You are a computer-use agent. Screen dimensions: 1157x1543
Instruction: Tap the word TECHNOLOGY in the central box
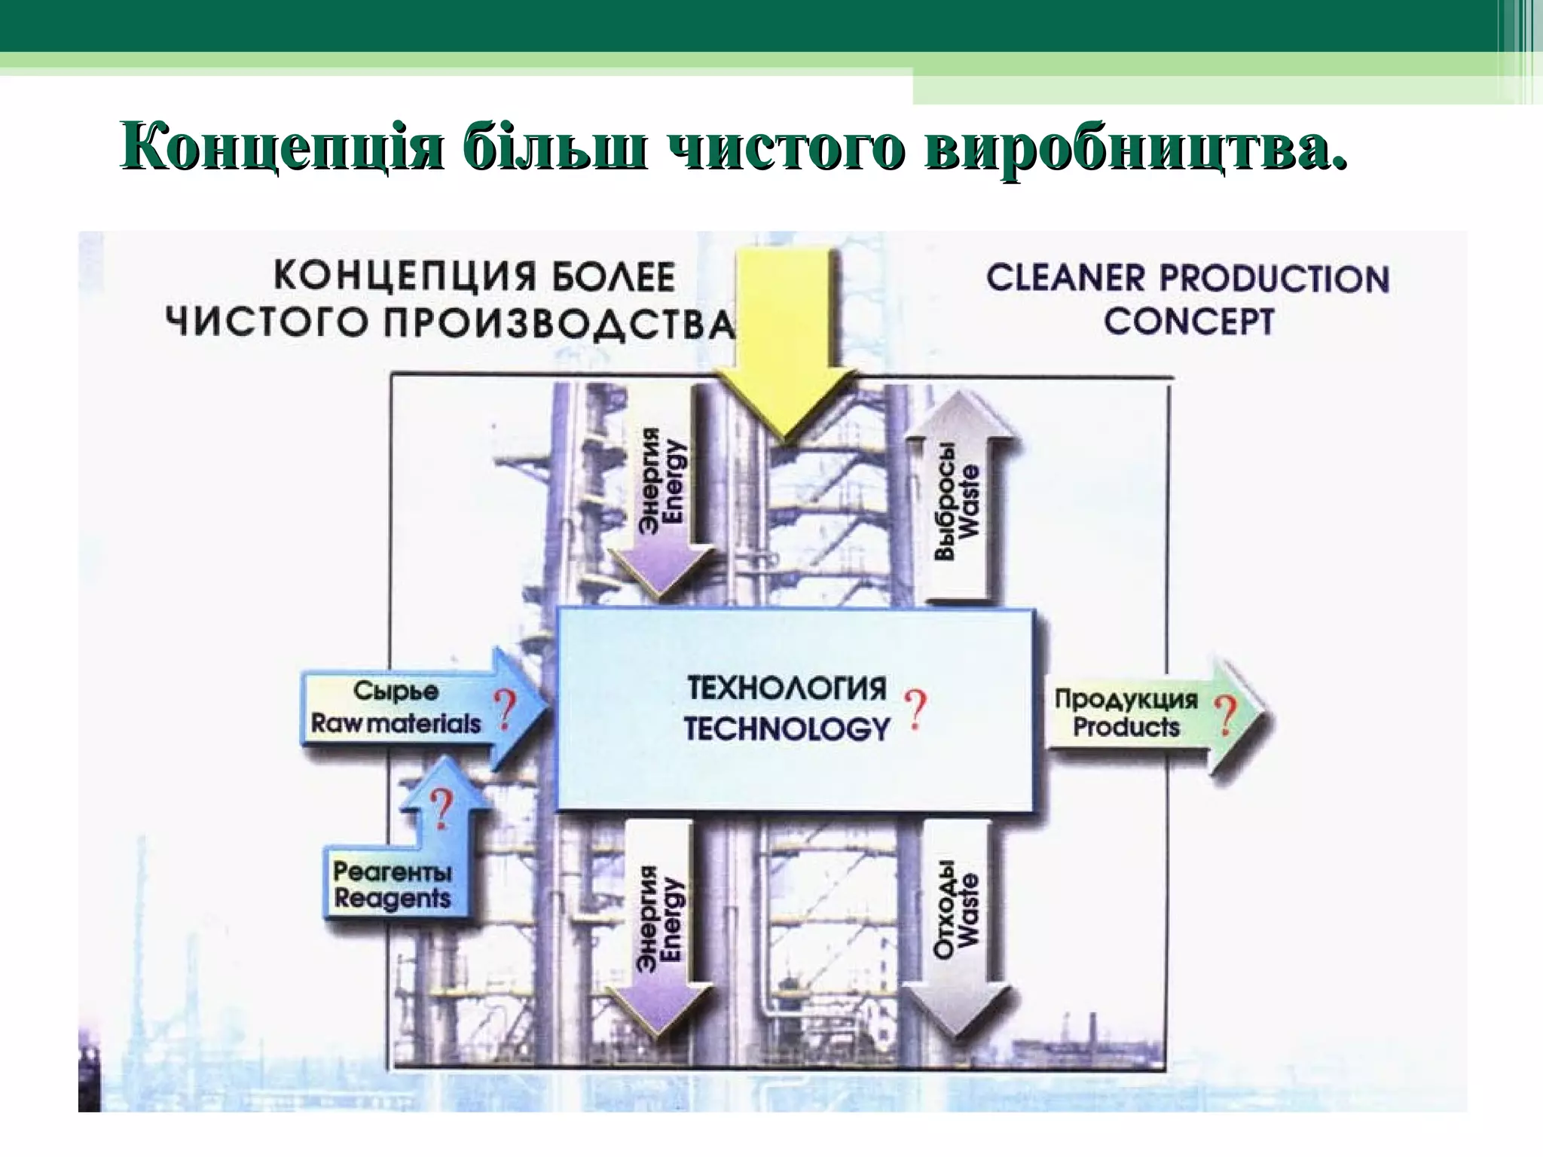tap(787, 728)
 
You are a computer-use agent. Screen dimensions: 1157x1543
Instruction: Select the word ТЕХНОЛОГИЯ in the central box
tap(787, 688)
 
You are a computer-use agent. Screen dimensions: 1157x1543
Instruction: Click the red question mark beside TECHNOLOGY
tap(915, 710)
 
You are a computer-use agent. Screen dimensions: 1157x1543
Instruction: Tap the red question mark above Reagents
tap(442, 807)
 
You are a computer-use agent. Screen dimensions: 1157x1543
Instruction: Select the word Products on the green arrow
tap(1126, 728)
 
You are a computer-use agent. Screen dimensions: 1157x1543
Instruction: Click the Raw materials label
tap(396, 724)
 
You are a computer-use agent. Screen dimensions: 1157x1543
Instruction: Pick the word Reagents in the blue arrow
tap(392, 899)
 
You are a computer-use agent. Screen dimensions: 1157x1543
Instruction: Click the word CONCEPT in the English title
tap(1188, 322)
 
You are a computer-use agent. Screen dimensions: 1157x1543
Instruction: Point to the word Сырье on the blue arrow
tap(396, 691)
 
